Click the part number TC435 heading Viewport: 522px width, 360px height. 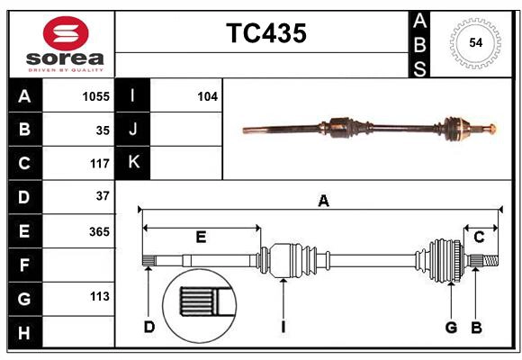[x=265, y=33]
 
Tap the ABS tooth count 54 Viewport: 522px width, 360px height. [x=475, y=41]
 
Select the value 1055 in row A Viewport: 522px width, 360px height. [x=94, y=95]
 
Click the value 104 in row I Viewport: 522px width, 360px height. [x=207, y=95]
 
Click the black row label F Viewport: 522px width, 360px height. [x=23, y=265]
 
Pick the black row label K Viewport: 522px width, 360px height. [x=133, y=163]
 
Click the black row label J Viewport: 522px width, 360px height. [x=133, y=130]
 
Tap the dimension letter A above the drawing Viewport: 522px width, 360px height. [x=322, y=202]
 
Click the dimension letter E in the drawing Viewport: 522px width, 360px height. [x=201, y=238]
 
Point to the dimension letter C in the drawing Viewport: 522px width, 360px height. [x=479, y=238]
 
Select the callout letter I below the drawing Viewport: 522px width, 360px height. [x=283, y=327]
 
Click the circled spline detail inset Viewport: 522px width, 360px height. [x=200, y=301]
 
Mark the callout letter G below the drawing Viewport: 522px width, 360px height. [x=451, y=327]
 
